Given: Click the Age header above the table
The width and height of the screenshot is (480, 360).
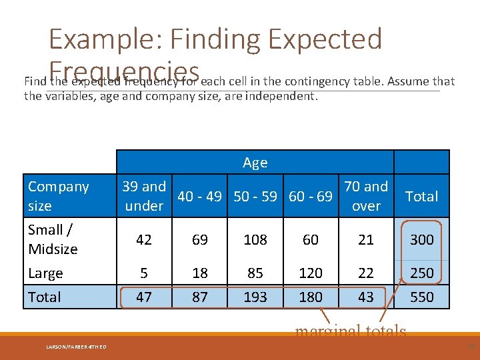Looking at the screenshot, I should pos(255,163).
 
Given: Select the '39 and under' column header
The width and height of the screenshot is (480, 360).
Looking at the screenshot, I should pos(144,196).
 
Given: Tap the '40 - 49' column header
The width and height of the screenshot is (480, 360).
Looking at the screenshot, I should pos(199,196).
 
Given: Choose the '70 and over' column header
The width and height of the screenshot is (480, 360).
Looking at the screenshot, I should pos(366,196).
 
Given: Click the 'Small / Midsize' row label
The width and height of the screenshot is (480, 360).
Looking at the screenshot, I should pos(53,239).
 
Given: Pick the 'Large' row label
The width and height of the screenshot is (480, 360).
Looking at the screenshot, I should pos(45,273).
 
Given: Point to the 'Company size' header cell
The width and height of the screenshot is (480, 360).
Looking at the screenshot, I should pos(58,196).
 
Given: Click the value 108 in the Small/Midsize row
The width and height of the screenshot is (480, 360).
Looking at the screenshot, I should pos(255,239).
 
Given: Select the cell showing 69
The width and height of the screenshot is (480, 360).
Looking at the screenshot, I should pos(199,239).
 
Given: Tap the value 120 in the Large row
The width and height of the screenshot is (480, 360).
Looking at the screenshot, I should pos(311,273).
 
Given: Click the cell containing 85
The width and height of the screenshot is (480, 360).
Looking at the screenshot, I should pos(255,273).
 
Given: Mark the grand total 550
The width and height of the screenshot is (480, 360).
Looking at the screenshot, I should pos(422,297).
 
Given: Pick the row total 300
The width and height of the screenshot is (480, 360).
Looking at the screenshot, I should pos(422,239).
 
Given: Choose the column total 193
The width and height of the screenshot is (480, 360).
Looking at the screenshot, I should pos(255,297).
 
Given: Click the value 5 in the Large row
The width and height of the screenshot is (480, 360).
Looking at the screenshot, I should pos(144,273).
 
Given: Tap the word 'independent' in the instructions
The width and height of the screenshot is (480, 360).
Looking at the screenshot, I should pos(281,95).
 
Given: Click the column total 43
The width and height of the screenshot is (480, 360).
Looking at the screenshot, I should pos(366,297).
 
